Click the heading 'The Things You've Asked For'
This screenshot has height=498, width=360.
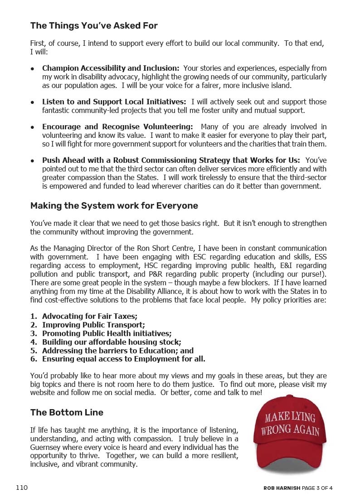94,26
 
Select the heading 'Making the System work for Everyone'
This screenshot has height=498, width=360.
114,206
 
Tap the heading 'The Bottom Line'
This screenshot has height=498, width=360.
67,413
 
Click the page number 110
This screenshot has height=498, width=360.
22,488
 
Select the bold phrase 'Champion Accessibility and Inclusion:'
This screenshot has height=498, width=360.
111,68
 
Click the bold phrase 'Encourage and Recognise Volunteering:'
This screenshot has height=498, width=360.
117,127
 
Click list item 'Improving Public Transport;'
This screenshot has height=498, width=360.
93,325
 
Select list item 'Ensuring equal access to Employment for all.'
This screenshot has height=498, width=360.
123,359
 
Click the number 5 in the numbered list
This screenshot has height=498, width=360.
33,351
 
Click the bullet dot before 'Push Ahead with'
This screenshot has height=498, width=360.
33,161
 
